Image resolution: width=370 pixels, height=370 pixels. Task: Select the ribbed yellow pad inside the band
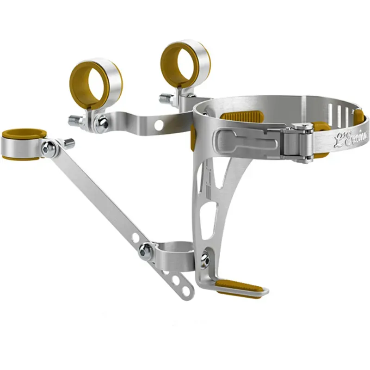pos(242,116)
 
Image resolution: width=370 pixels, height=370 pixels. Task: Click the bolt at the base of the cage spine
pos(204,260)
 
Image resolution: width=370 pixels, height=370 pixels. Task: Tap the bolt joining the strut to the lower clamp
pos(145,251)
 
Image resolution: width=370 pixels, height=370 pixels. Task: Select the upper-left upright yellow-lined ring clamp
pos(96,83)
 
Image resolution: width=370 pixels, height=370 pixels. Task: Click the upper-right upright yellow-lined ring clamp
pos(185,63)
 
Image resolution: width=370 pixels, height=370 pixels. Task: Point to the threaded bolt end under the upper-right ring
pos(166,99)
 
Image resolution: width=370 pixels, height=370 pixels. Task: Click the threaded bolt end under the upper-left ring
pos(75,121)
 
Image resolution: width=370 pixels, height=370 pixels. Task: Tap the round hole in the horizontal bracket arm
pos(159,125)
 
